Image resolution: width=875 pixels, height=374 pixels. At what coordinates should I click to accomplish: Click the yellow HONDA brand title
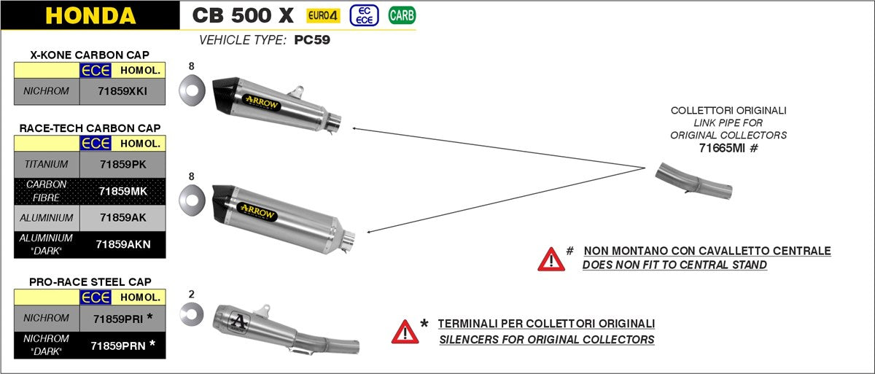90,15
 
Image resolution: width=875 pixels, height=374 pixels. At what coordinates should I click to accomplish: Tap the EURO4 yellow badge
323,15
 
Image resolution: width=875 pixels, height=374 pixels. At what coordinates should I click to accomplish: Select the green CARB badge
402,15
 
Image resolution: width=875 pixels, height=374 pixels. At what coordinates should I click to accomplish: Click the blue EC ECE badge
364,15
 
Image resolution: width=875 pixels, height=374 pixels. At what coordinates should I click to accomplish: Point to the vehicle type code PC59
312,40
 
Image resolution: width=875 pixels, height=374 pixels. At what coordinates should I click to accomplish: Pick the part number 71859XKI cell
122,91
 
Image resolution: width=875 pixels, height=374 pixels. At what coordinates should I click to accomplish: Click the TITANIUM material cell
47,164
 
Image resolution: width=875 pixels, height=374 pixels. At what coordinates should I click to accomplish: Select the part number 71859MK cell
122,191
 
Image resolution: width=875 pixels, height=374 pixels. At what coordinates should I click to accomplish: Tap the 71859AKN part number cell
122,245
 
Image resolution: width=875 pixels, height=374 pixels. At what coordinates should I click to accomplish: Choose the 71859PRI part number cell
122,319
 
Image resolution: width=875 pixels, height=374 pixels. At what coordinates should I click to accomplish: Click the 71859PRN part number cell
122,346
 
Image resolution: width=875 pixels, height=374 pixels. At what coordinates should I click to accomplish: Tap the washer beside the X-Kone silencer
192,90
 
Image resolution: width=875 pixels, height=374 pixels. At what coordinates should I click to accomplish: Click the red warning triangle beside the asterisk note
405,332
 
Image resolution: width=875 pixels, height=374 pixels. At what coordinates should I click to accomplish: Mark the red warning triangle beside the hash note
551,260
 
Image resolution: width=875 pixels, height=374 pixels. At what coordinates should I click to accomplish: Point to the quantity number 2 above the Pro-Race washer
191,295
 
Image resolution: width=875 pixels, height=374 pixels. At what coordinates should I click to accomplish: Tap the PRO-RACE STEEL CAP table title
90,282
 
